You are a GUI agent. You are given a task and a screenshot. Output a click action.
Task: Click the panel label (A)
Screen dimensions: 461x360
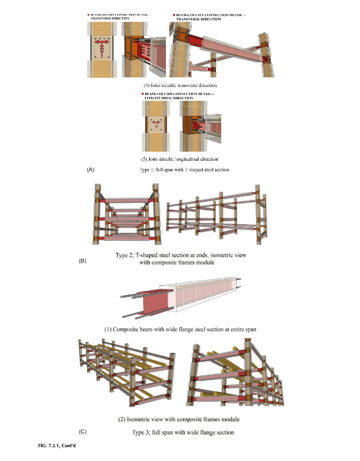point(90,171)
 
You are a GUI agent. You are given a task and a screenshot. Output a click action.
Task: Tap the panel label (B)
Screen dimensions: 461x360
point(82,261)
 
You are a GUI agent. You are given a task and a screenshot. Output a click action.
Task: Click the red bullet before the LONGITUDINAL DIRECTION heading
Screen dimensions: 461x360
point(142,93)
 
